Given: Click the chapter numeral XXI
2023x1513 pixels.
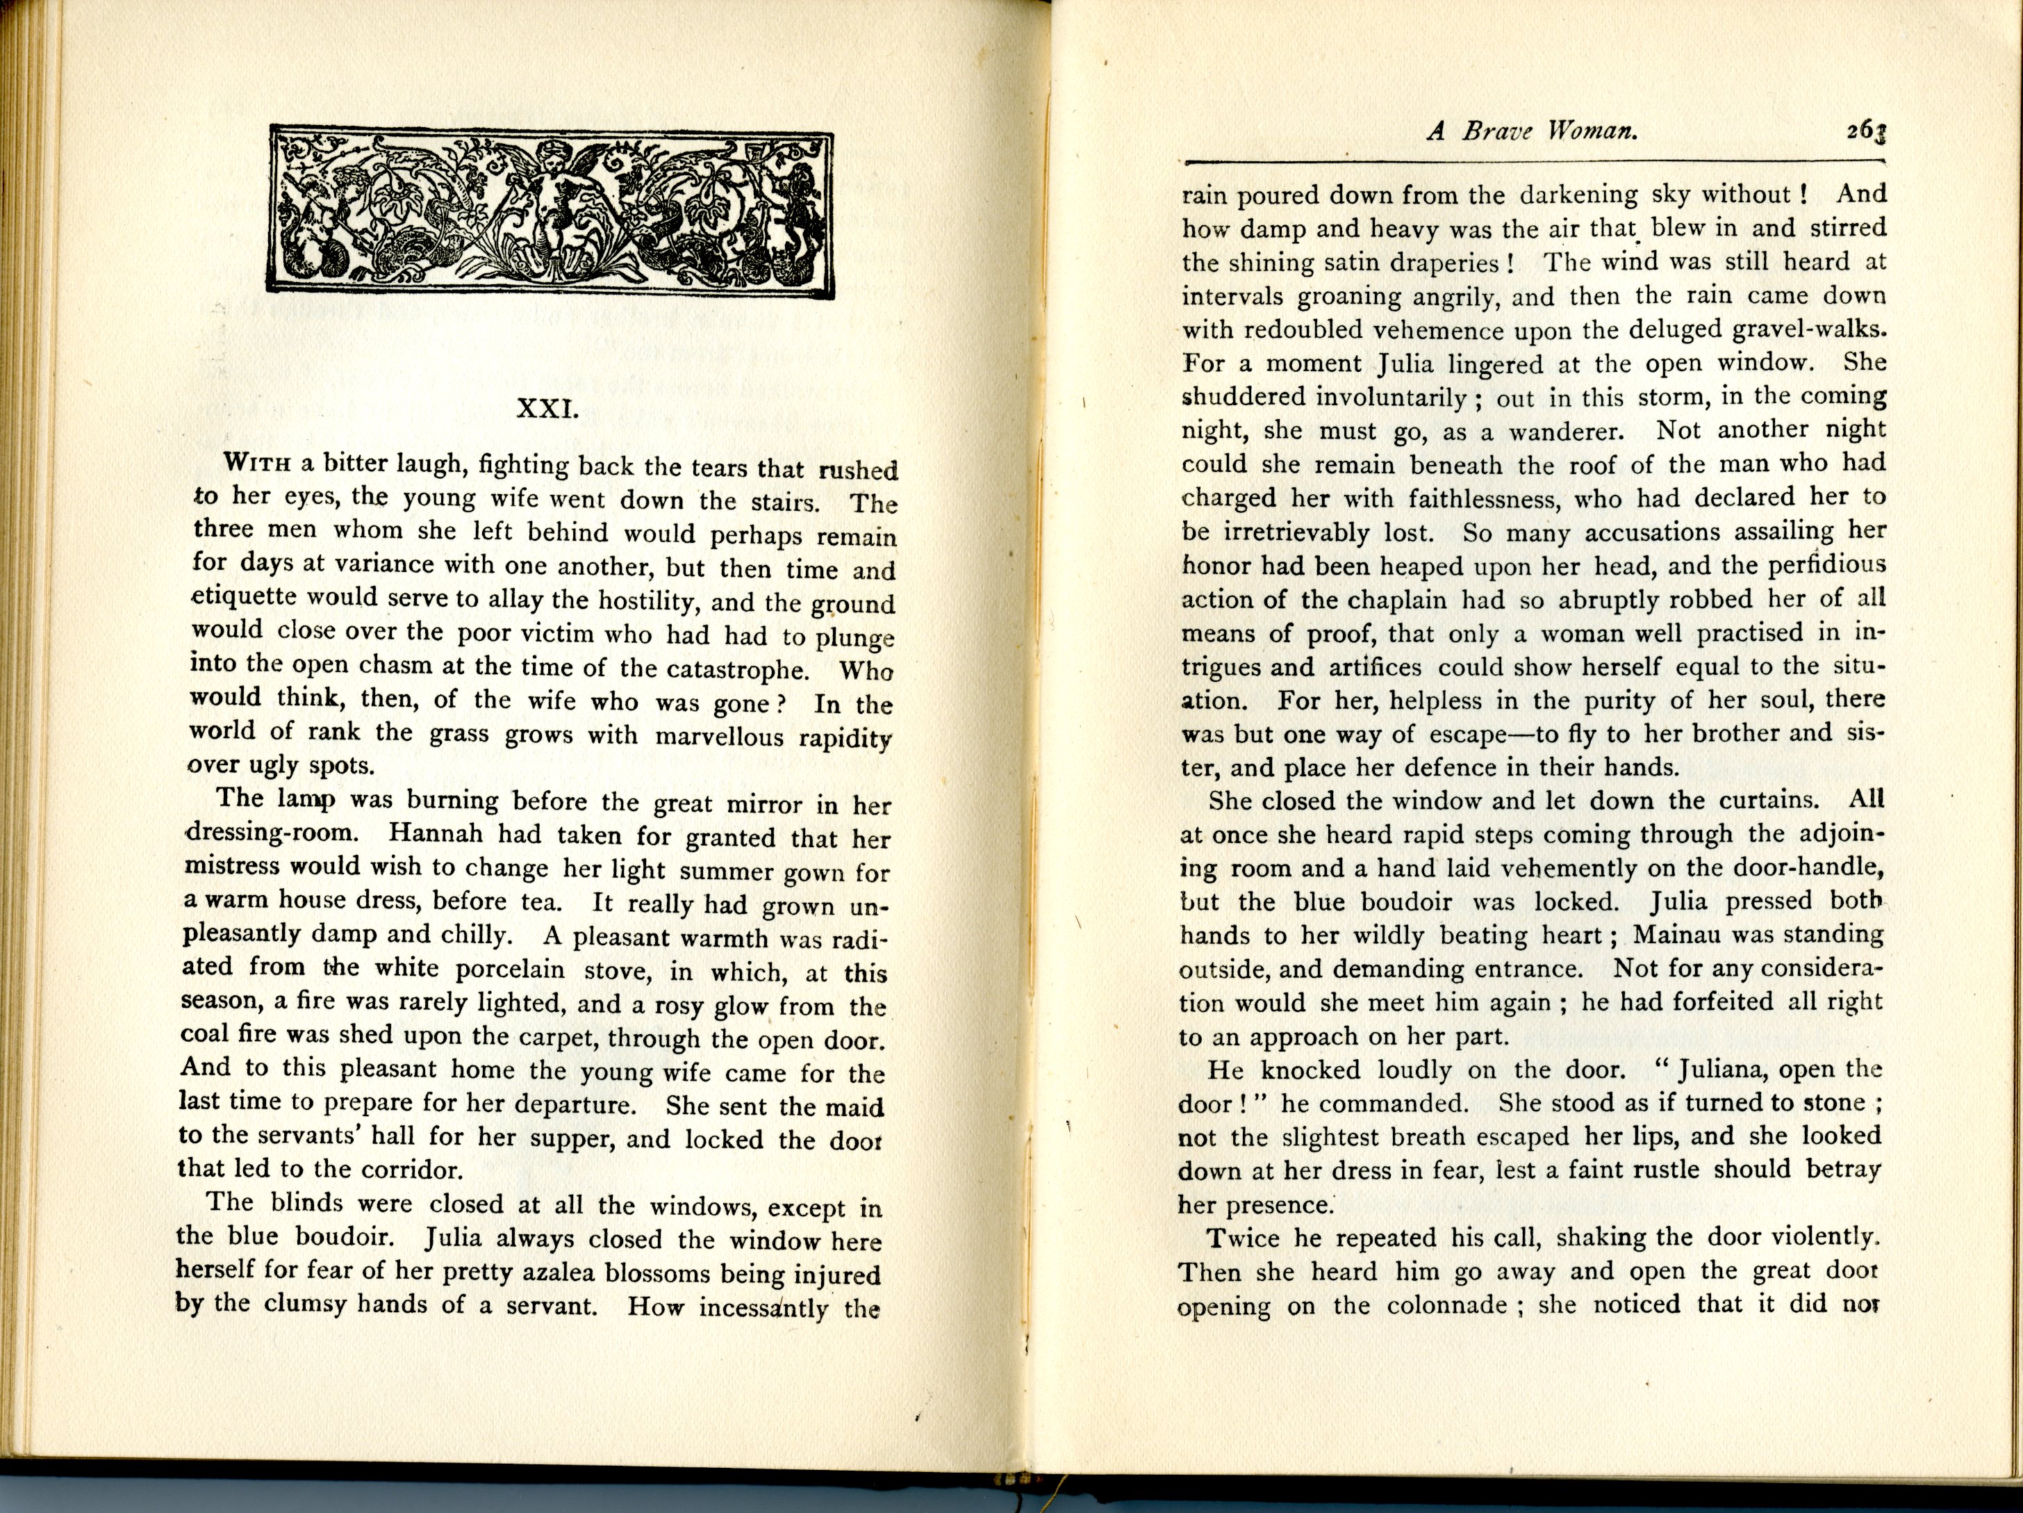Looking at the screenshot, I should [x=548, y=408].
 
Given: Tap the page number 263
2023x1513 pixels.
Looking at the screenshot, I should [x=1866, y=133].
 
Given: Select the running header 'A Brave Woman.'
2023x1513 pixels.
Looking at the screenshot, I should [x=1532, y=132].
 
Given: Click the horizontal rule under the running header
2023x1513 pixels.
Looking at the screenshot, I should [x=1532, y=162].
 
